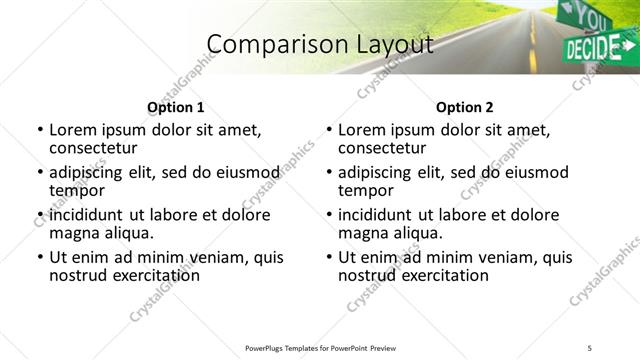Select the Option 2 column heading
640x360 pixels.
click(x=465, y=107)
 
